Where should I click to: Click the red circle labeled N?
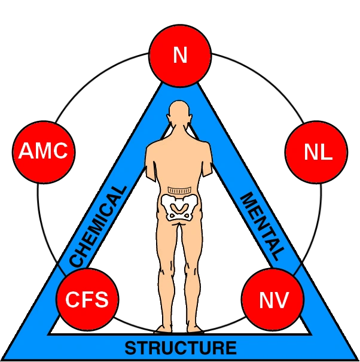click(180, 56)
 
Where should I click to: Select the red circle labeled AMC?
click(44, 152)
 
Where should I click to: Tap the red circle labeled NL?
click(316, 153)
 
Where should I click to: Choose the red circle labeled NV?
click(273, 299)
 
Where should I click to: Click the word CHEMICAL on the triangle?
click(98, 226)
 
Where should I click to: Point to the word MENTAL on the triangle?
click(261, 226)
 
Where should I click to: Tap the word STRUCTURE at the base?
click(180, 348)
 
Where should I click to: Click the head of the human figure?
click(179, 113)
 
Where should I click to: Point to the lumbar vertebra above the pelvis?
click(179, 190)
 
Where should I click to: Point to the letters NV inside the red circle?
click(273, 299)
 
